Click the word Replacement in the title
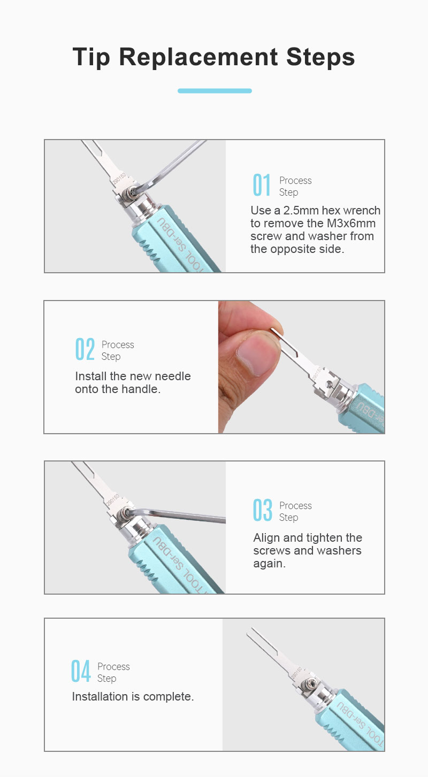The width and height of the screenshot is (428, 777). [198, 57]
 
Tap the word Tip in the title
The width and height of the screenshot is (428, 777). [91, 57]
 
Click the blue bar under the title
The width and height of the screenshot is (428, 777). [215, 91]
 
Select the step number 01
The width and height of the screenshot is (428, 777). [262, 185]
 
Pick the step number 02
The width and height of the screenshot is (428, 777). [85, 349]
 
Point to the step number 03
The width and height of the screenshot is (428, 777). [263, 510]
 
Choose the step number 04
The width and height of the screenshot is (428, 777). [81, 671]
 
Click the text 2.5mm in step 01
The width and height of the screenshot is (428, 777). [301, 211]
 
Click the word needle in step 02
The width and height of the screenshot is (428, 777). [172, 376]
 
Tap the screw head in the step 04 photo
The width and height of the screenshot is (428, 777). [308, 684]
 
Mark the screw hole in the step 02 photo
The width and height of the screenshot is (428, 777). [328, 384]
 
